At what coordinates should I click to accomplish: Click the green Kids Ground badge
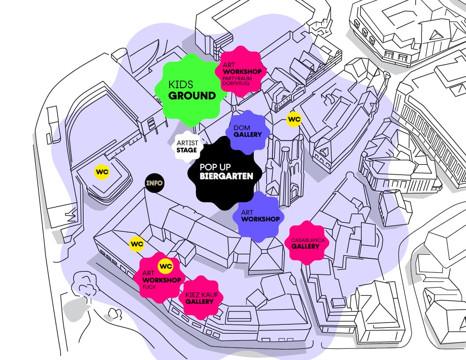pyautogui.click(x=189, y=89)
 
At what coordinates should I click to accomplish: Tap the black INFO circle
pyautogui.click(x=154, y=183)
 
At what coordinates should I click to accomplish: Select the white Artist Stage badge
pyautogui.click(x=187, y=146)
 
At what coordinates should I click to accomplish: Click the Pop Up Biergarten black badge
pyautogui.click(x=227, y=172)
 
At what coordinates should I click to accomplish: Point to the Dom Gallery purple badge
pyautogui.click(x=247, y=131)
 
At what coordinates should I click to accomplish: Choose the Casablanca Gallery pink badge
pyautogui.click(x=308, y=243)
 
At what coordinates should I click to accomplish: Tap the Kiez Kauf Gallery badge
pyautogui.click(x=200, y=298)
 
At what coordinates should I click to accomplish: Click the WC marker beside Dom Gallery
pyautogui.click(x=294, y=119)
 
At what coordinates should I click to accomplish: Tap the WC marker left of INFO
pyautogui.click(x=102, y=172)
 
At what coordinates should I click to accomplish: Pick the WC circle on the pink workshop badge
pyautogui.click(x=165, y=266)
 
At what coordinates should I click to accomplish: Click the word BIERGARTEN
pyautogui.click(x=227, y=176)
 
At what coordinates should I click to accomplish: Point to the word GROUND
pyautogui.click(x=192, y=96)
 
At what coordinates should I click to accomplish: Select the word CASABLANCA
pyautogui.click(x=308, y=240)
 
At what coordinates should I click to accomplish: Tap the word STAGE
pyautogui.click(x=186, y=151)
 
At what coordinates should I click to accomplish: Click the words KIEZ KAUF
pyautogui.click(x=199, y=295)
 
